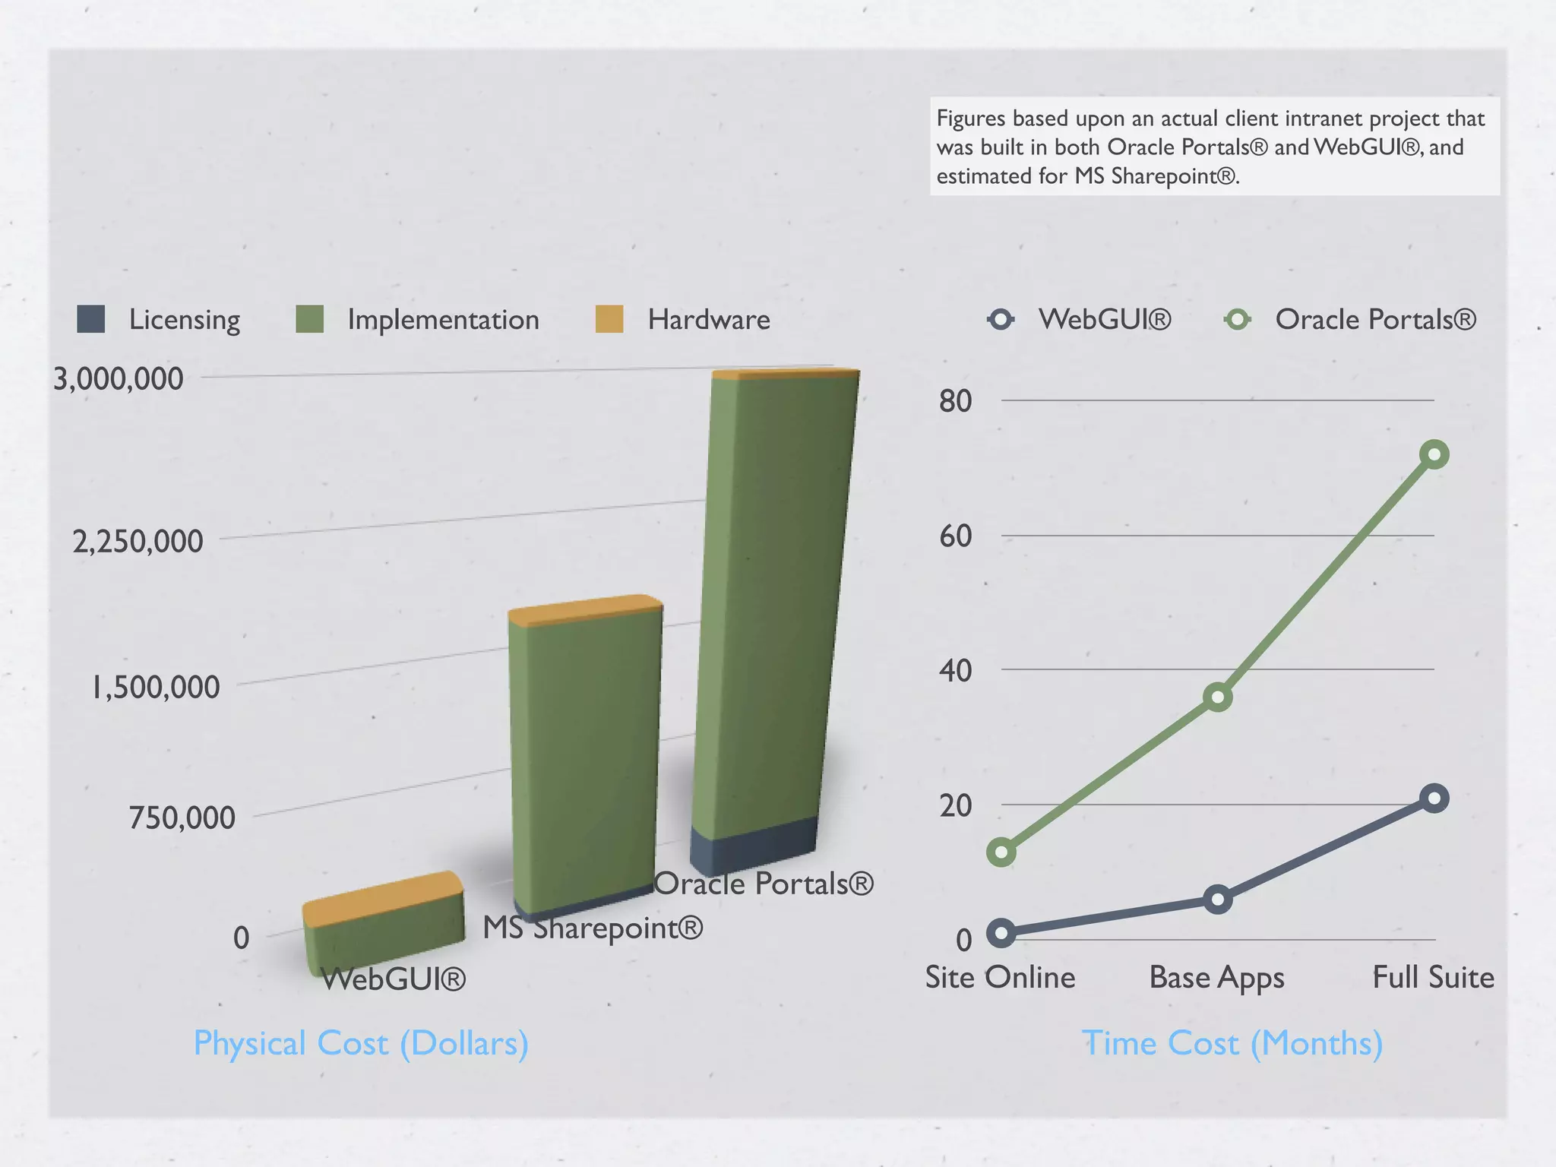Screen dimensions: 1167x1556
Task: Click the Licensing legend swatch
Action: point(91,319)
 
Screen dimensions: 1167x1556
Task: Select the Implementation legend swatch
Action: point(309,319)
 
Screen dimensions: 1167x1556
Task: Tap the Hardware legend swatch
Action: point(609,319)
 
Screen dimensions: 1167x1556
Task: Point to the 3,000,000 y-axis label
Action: point(119,378)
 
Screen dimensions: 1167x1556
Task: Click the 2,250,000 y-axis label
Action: point(138,542)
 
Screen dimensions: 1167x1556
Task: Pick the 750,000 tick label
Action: point(182,818)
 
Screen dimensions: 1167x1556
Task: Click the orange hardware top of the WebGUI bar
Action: point(382,900)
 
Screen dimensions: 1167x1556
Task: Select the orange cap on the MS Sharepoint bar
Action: point(585,610)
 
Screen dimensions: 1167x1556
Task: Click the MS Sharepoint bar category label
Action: point(593,928)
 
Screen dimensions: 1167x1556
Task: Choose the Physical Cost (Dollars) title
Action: point(361,1043)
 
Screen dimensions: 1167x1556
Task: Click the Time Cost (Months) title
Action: point(1232,1043)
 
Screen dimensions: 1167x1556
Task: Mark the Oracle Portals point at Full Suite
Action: point(1434,455)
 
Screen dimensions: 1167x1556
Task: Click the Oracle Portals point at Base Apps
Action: point(1218,697)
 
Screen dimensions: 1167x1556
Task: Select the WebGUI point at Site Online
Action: point(1001,933)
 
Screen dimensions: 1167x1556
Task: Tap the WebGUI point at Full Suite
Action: point(1434,799)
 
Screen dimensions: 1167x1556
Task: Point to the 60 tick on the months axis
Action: point(955,536)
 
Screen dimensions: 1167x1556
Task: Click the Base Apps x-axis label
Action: point(1216,978)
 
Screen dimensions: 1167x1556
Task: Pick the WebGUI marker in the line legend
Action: point(1001,319)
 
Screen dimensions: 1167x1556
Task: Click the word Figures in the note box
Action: point(970,119)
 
